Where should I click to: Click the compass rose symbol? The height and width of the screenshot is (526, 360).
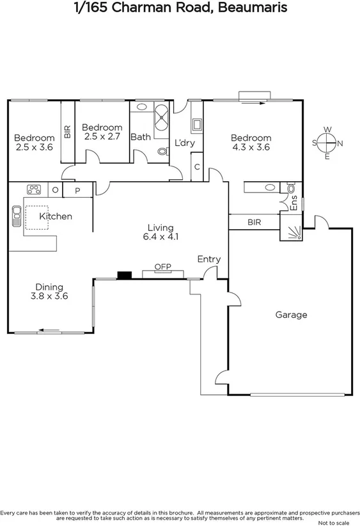(327, 143)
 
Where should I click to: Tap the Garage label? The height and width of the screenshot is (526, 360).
(291, 315)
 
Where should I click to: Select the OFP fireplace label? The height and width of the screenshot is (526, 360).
(162, 266)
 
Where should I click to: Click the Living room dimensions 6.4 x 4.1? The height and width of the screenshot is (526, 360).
(160, 237)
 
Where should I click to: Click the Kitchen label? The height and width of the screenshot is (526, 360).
(56, 216)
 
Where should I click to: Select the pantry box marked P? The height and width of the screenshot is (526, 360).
(77, 190)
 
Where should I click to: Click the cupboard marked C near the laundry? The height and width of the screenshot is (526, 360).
(197, 166)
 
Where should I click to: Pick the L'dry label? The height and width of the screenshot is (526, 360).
(184, 143)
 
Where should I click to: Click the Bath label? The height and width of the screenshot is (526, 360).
(140, 137)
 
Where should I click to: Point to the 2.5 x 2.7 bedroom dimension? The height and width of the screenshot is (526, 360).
(102, 136)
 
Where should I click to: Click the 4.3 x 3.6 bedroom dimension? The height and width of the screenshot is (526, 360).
(251, 147)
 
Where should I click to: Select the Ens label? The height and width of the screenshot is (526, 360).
(294, 203)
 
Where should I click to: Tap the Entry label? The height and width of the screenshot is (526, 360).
(208, 259)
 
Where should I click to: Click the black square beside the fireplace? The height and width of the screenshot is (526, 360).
(124, 276)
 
